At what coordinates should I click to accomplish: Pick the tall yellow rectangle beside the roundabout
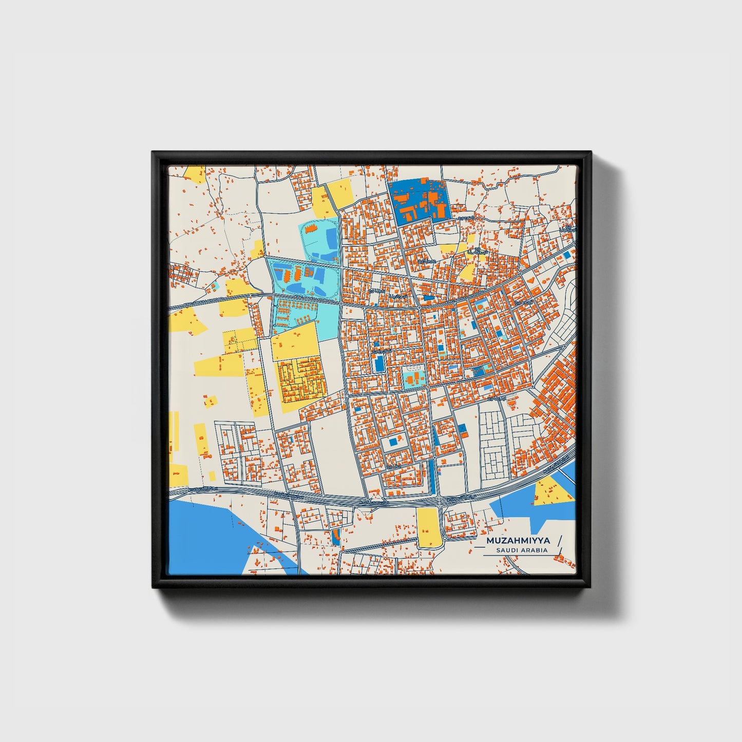point(427,527)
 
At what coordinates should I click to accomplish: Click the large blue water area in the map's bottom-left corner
point(205,534)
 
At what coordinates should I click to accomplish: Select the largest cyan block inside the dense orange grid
point(413,378)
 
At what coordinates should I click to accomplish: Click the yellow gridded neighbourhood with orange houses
point(301,379)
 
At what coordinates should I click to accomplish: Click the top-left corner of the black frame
point(153,153)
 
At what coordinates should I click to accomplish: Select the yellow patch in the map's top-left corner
point(194,174)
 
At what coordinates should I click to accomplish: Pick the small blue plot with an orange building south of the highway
point(336,537)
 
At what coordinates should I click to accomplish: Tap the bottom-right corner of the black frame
point(591,587)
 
